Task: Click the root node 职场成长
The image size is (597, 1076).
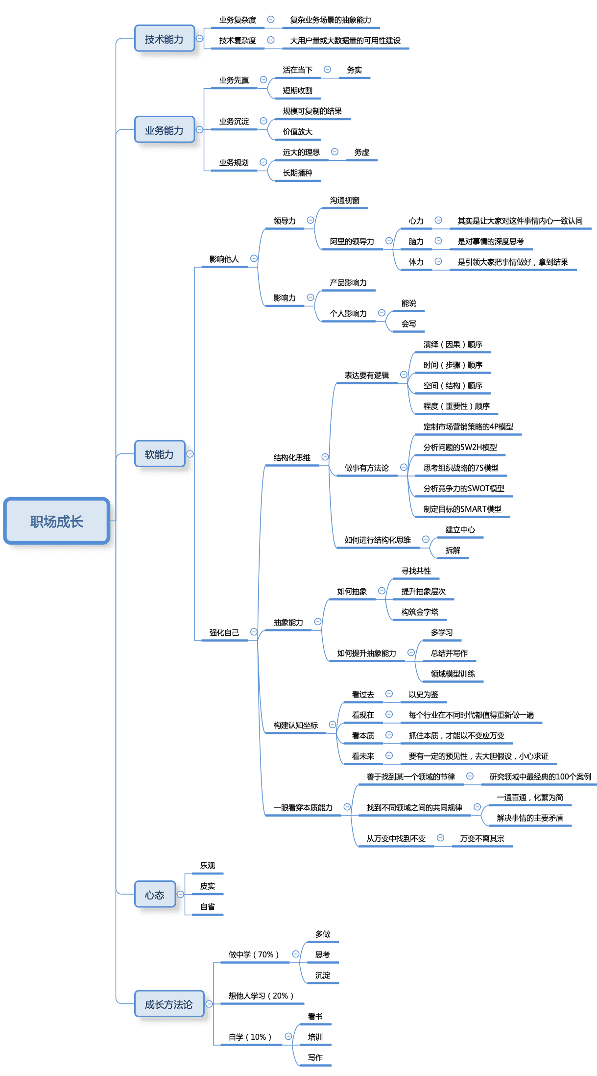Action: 56,521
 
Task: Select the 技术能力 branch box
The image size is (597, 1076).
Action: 164,39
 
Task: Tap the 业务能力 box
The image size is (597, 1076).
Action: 164,130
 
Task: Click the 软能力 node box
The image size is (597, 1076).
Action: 159,454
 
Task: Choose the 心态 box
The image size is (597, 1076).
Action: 155,895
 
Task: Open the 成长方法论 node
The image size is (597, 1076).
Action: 168,1004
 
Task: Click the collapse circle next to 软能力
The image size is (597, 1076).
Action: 190,454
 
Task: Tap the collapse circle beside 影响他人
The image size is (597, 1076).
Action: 254,258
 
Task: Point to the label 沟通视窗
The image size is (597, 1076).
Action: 344,200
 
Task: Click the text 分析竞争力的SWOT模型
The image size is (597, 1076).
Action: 463,488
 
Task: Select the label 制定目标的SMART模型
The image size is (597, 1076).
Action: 462,509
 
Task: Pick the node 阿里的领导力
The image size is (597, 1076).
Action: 352,241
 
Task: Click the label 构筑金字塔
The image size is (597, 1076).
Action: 420,612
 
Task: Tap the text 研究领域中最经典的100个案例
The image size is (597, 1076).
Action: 540,776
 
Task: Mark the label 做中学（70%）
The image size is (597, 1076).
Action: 253,954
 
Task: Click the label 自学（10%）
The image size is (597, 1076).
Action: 250,1037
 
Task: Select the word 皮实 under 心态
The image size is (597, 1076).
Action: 207,886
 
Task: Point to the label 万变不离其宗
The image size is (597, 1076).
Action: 482,838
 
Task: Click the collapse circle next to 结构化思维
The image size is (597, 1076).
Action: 325,457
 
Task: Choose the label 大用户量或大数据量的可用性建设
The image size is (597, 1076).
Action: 345,40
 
